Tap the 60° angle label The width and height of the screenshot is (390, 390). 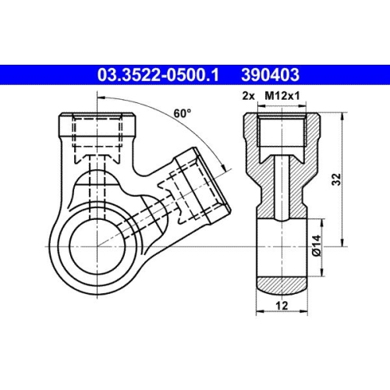(x=183, y=113)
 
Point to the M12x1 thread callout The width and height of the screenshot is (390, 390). (x=284, y=96)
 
